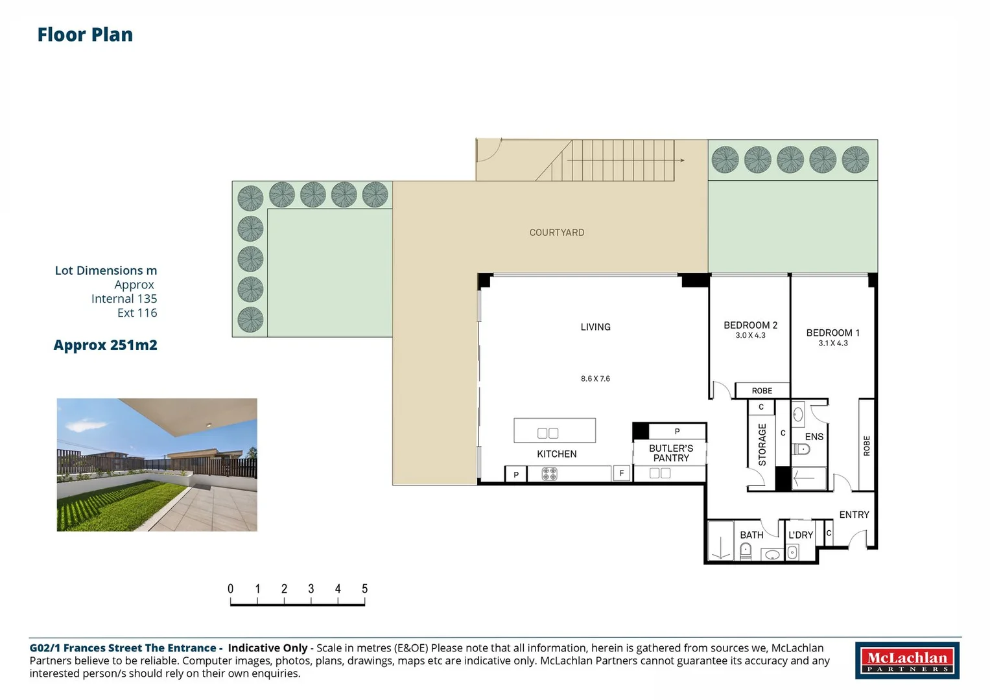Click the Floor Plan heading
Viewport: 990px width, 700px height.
click(85, 34)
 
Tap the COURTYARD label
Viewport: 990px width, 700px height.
click(556, 233)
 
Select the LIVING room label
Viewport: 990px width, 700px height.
click(595, 327)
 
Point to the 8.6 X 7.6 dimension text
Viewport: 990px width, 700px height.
click(595, 379)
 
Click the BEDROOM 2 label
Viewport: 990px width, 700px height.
click(750, 325)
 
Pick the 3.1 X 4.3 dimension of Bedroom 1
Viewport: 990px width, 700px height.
click(833, 344)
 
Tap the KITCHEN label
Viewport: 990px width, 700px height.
click(556, 454)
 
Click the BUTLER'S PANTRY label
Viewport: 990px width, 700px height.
click(671, 454)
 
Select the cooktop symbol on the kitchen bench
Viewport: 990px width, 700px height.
click(549, 474)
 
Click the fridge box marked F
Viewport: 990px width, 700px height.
click(621, 473)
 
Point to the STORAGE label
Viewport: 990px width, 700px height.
click(762, 445)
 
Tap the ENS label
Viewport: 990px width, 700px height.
click(814, 437)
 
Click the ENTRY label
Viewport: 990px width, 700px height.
click(854, 515)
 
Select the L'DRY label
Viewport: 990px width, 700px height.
click(801, 535)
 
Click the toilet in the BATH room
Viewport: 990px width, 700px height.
click(746, 551)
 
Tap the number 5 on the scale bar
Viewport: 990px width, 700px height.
click(364, 589)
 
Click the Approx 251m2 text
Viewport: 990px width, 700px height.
click(105, 345)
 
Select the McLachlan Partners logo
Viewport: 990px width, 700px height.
click(907, 660)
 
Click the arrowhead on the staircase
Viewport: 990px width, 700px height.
click(683, 161)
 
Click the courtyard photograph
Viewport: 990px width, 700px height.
click(157, 465)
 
